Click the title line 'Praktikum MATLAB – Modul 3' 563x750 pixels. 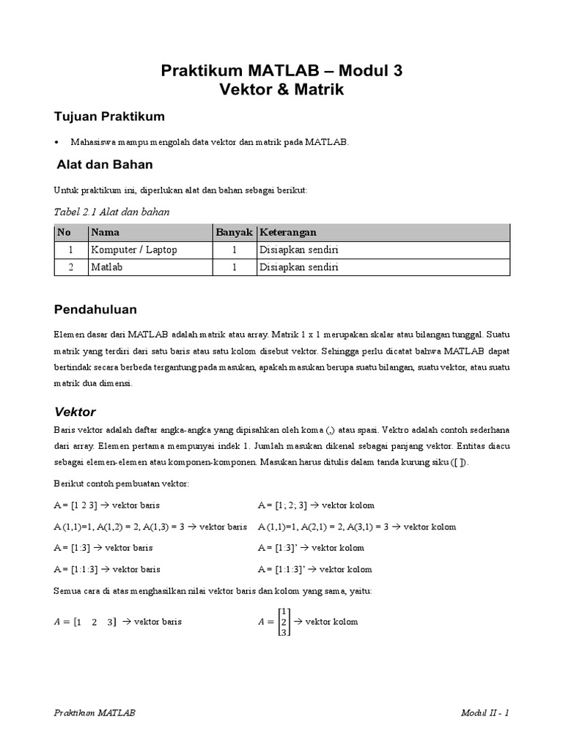pyautogui.click(x=281, y=71)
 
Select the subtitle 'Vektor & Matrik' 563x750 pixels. pyautogui.click(x=281, y=90)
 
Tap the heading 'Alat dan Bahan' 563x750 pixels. pyautogui.click(x=105, y=165)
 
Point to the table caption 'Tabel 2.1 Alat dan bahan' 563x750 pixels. pyautogui.click(x=112, y=212)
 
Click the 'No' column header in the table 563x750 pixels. pyautogui.click(x=64, y=232)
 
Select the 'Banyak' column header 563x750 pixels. pyautogui.click(x=234, y=232)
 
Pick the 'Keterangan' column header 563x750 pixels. pyautogui.click(x=288, y=232)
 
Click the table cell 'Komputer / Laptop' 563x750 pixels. pyautogui.click(x=134, y=250)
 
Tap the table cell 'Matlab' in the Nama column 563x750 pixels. pyautogui.click(x=106, y=267)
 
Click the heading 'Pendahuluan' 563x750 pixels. pyautogui.click(x=95, y=310)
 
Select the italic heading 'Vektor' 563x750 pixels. pyautogui.click(x=76, y=412)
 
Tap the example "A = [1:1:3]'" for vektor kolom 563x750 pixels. pyautogui.click(x=284, y=569)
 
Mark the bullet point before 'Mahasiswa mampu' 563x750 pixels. pyautogui.click(x=57, y=142)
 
